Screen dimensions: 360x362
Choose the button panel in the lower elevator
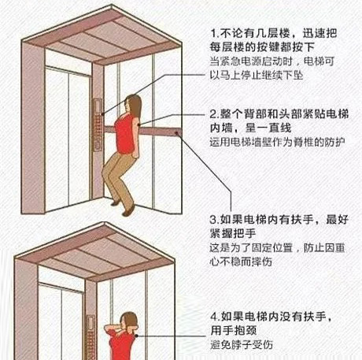coord(95,339)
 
